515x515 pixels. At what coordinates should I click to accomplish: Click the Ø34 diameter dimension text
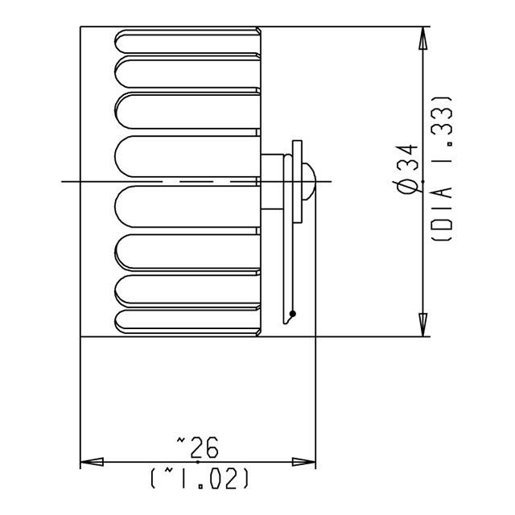(x=407, y=169)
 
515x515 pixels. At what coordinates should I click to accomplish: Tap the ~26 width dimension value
(x=197, y=444)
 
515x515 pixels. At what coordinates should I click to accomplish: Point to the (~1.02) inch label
(x=199, y=479)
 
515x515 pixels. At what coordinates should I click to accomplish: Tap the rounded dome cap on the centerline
(x=309, y=181)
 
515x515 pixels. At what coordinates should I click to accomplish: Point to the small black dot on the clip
(x=293, y=312)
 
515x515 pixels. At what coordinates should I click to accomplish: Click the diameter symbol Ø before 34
(x=407, y=187)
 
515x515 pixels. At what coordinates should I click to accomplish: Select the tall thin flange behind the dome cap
(x=298, y=181)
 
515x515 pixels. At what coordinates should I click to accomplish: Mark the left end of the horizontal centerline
(x=64, y=181)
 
